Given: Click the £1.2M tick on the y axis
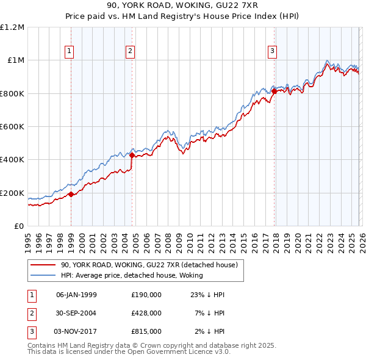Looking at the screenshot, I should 12,27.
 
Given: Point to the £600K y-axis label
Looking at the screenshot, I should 12,127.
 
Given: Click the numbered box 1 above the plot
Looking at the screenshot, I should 70,51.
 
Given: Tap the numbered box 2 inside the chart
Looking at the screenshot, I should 131,51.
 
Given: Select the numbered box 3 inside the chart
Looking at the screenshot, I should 272,51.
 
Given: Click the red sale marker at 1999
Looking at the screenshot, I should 71,195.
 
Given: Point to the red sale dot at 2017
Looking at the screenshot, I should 274,91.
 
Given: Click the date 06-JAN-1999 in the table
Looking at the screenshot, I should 76,295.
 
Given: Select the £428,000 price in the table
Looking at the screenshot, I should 146,313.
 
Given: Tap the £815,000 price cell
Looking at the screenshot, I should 146,331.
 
